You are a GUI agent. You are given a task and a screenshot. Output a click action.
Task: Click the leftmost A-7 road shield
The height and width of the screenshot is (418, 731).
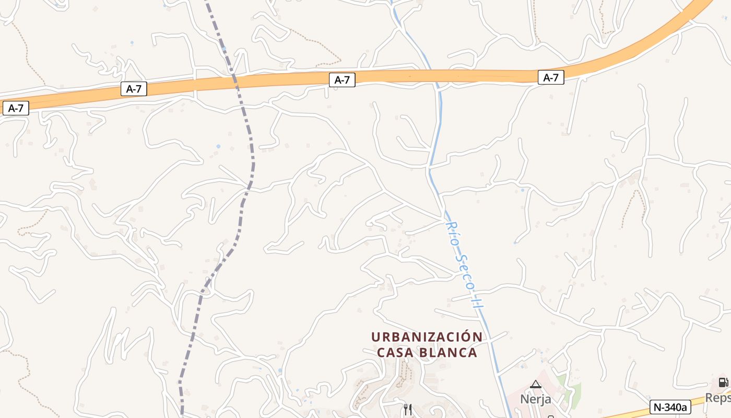tap(16, 109)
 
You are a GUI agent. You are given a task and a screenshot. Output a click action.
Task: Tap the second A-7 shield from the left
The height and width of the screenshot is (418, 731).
tap(134, 89)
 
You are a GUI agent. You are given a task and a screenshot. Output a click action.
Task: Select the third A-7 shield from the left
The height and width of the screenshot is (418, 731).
tap(342, 80)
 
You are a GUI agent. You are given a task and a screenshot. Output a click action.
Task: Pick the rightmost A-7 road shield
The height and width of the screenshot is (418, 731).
tap(551, 78)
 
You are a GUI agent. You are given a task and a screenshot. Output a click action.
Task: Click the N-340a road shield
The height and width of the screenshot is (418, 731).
tap(670, 407)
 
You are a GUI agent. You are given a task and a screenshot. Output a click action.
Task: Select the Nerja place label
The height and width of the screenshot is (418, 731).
tap(535, 399)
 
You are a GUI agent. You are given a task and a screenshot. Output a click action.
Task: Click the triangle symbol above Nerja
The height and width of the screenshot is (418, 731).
tap(536, 385)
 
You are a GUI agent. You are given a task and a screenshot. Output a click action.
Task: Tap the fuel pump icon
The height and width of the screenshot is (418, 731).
tap(723, 382)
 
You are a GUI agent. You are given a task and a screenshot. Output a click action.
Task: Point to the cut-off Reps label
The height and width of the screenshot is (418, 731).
tap(718, 398)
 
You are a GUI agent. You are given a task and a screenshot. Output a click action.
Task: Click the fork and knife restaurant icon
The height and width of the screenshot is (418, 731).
tap(408, 409)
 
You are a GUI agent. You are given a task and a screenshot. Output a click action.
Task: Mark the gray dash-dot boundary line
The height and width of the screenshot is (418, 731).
tap(253, 157)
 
